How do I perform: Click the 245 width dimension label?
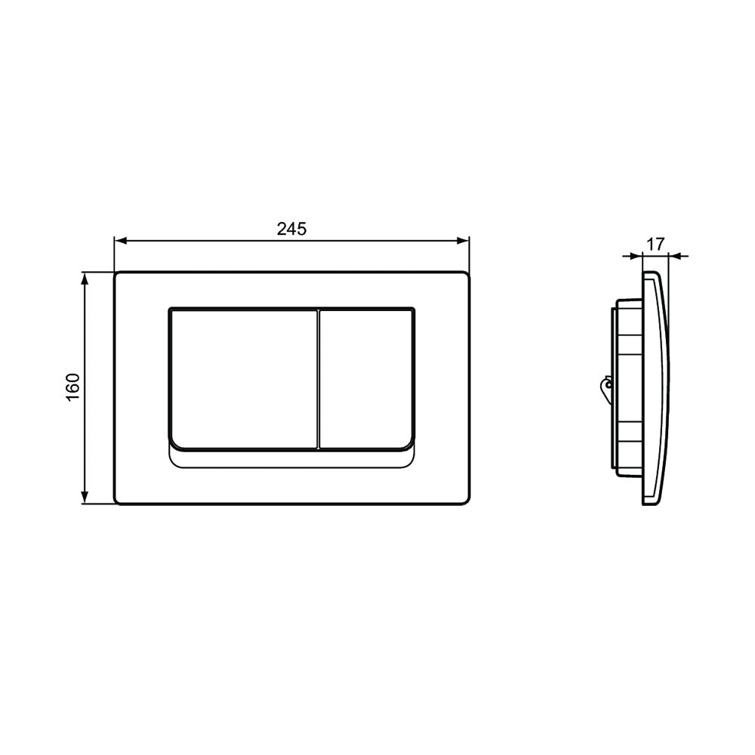(291, 230)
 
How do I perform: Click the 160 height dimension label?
(72, 387)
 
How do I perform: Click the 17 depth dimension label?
(655, 244)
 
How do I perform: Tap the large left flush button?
(244, 379)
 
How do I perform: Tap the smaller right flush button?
(366, 379)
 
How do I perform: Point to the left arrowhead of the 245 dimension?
(119, 240)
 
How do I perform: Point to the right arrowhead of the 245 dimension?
(464, 240)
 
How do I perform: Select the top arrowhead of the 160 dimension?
(85, 279)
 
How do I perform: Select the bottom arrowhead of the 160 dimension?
(85, 498)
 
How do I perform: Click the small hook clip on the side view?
(606, 386)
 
